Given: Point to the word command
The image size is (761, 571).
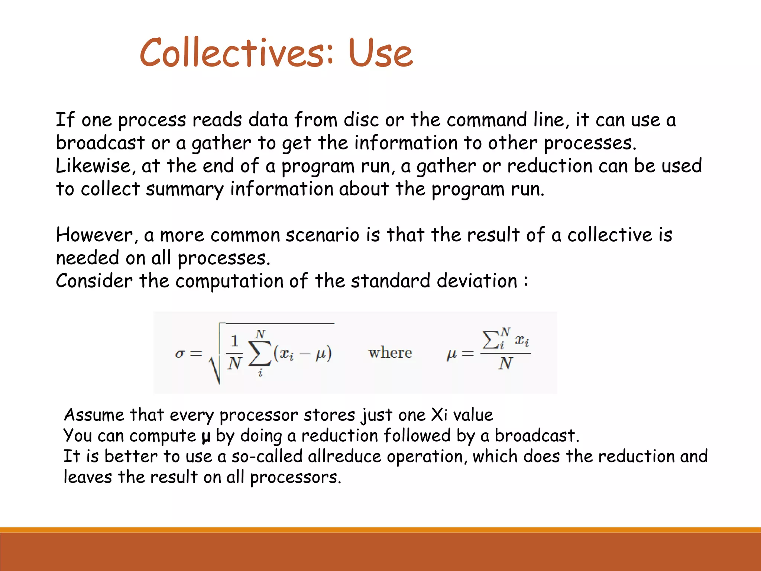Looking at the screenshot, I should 487,120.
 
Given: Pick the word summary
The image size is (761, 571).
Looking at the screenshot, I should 185,190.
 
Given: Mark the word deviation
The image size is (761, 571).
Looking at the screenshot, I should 477,281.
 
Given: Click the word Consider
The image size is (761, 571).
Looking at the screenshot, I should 94,281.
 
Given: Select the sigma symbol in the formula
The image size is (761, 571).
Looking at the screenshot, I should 180,353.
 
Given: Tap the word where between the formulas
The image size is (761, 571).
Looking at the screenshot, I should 390,353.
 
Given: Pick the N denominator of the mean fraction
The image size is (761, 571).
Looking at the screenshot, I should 505,364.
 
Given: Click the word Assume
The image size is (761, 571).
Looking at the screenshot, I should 94,415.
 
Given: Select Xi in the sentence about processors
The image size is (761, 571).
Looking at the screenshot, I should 439,415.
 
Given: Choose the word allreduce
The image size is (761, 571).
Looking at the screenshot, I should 344,457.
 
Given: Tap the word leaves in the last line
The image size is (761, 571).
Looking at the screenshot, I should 88,477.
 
